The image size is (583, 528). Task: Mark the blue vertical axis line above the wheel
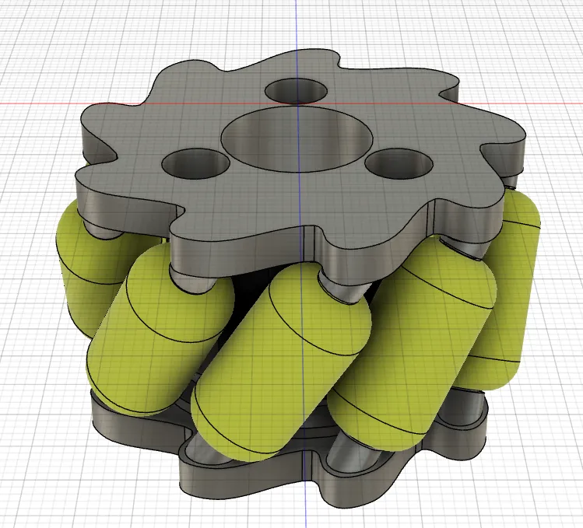[297, 31]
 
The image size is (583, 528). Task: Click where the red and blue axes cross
[297, 103]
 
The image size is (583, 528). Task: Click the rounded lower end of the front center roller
[226, 428]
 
